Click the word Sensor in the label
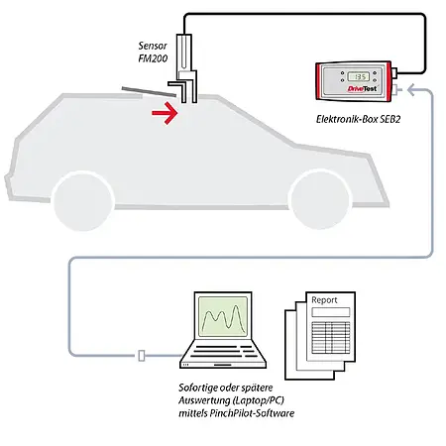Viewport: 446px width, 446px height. click(x=155, y=47)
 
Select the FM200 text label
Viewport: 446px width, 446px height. click(x=156, y=60)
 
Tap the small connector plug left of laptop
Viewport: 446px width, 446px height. click(x=144, y=354)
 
